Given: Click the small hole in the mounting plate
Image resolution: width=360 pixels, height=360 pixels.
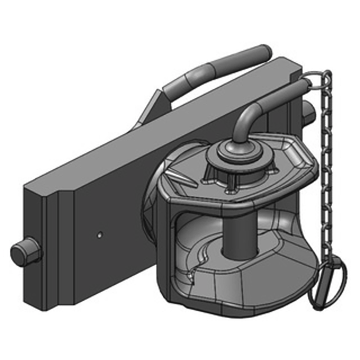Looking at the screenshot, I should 100,234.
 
